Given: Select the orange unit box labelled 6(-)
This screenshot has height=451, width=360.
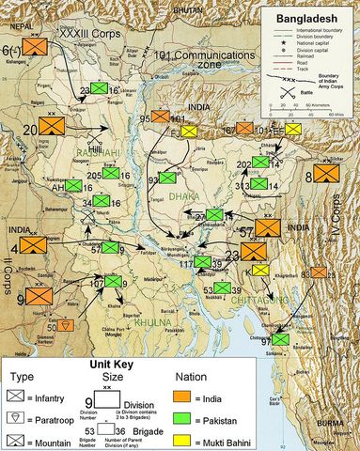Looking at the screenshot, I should [38, 46].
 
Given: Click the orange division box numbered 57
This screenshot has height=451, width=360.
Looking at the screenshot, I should [267, 227].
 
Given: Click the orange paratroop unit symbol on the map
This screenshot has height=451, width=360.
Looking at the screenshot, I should [64, 324].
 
